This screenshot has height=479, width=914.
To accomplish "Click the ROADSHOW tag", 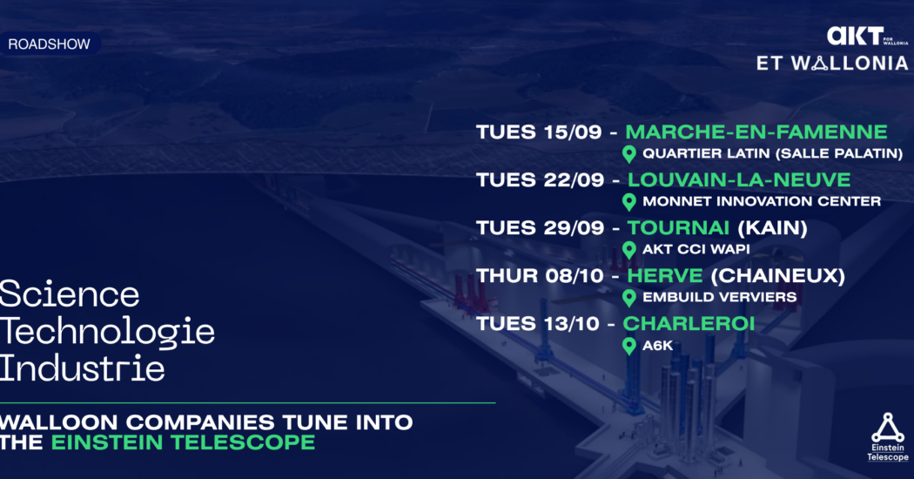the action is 50,44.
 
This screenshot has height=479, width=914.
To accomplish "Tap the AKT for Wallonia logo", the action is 867,37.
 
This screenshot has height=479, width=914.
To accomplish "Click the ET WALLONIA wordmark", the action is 832,63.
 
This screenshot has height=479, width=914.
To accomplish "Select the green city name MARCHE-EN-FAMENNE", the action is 756,132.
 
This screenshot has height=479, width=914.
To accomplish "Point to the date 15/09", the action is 571,132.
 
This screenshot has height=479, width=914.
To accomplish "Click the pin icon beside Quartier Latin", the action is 629,154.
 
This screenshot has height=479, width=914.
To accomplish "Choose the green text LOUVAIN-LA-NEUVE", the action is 739,179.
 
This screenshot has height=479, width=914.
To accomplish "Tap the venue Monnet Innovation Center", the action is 762,201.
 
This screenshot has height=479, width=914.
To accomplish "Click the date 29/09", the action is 574,227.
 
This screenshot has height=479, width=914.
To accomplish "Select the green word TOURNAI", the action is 678,227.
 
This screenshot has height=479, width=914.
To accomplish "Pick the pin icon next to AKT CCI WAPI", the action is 629,250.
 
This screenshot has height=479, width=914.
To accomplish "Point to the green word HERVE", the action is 665,275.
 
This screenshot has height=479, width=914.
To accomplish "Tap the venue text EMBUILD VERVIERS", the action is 719,297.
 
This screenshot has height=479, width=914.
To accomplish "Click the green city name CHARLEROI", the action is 689,323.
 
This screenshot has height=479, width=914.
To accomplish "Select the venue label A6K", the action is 657,346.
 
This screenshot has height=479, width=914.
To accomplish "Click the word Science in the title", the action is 70,293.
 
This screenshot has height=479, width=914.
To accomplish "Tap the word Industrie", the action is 82,368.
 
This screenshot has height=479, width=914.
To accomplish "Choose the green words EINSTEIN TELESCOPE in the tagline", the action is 183,442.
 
